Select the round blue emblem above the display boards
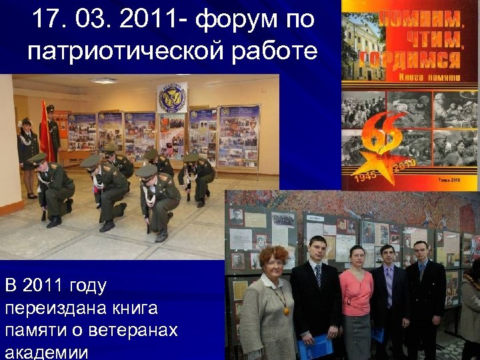(172, 99)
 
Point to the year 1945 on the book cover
(365, 178)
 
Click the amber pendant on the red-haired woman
(284, 307)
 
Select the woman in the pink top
(357, 300)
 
